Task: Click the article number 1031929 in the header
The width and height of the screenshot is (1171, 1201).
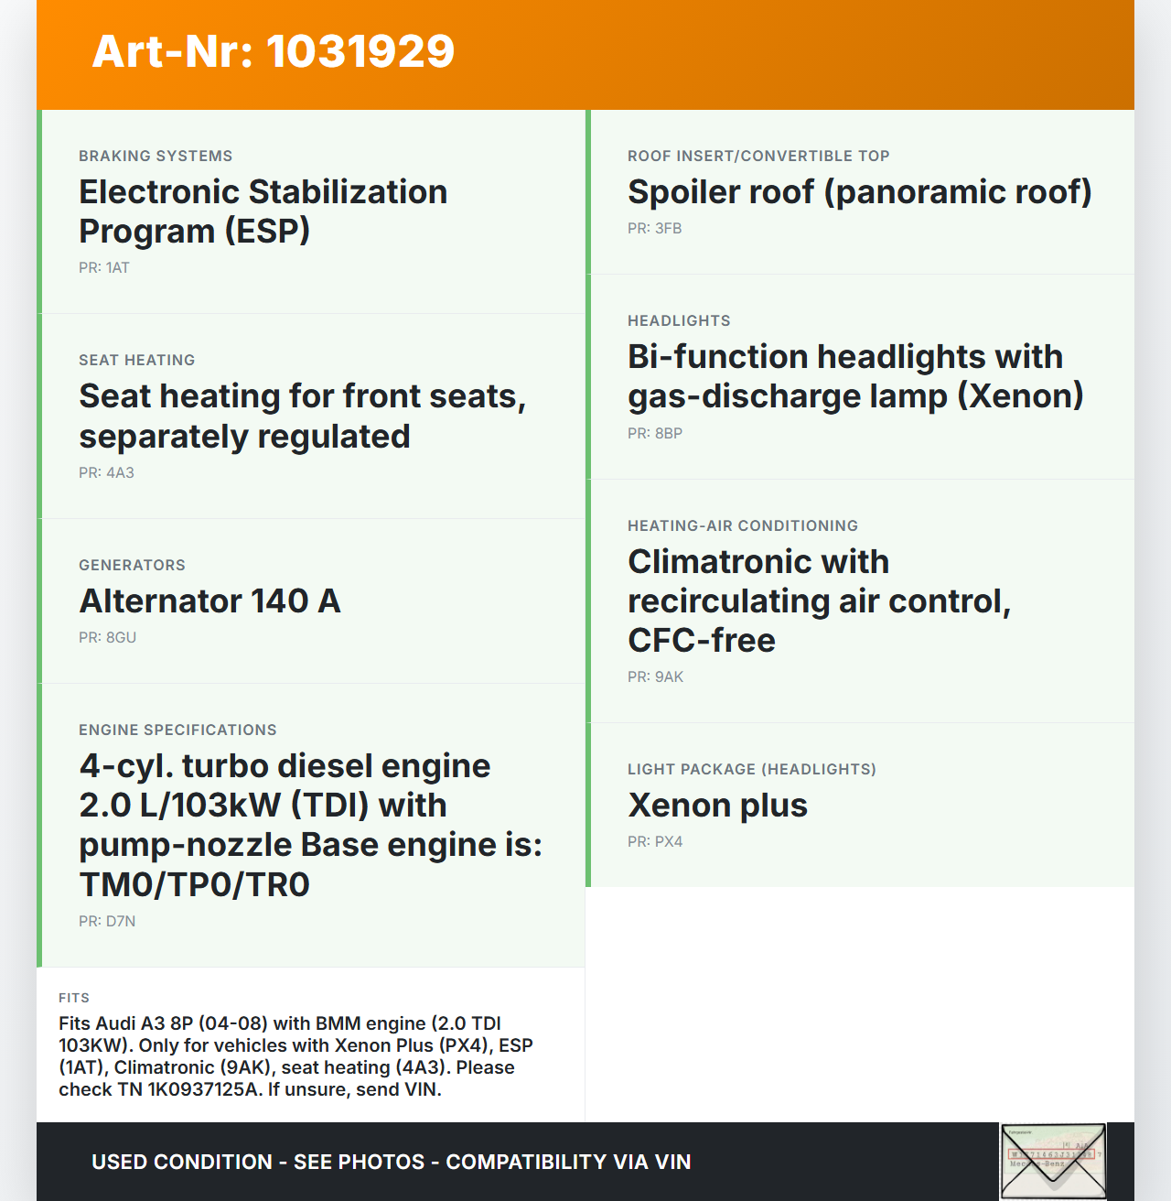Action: click(x=360, y=51)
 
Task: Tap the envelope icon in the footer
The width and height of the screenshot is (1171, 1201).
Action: click(x=1053, y=1161)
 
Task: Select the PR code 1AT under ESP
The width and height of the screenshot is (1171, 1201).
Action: click(x=104, y=268)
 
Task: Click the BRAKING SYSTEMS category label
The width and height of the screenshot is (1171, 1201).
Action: click(x=156, y=157)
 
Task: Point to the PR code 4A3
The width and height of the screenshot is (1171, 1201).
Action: click(x=106, y=473)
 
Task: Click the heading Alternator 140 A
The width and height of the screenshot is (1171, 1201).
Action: click(x=209, y=601)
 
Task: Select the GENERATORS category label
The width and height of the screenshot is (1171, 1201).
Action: click(x=132, y=566)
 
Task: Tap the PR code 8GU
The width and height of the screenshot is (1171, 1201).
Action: click(x=107, y=638)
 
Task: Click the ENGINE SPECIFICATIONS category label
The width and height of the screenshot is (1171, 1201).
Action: click(x=177, y=730)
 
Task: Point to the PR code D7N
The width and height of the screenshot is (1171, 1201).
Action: click(x=107, y=922)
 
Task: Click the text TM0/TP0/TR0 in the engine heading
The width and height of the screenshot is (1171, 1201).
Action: click(x=195, y=885)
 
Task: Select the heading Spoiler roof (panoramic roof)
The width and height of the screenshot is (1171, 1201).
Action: click(x=859, y=192)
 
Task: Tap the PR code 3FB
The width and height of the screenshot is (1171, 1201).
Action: click(x=654, y=229)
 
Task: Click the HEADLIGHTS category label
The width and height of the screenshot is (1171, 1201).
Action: click(x=679, y=321)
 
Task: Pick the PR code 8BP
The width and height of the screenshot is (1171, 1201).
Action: click(x=655, y=434)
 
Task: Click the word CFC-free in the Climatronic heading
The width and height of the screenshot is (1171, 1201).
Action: click(x=702, y=641)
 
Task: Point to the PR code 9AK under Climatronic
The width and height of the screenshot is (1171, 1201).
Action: click(x=655, y=677)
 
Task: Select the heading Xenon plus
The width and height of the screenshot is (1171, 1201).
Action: click(x=717, y=806)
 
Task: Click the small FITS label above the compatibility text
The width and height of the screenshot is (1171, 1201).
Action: click(x=74, y=998)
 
